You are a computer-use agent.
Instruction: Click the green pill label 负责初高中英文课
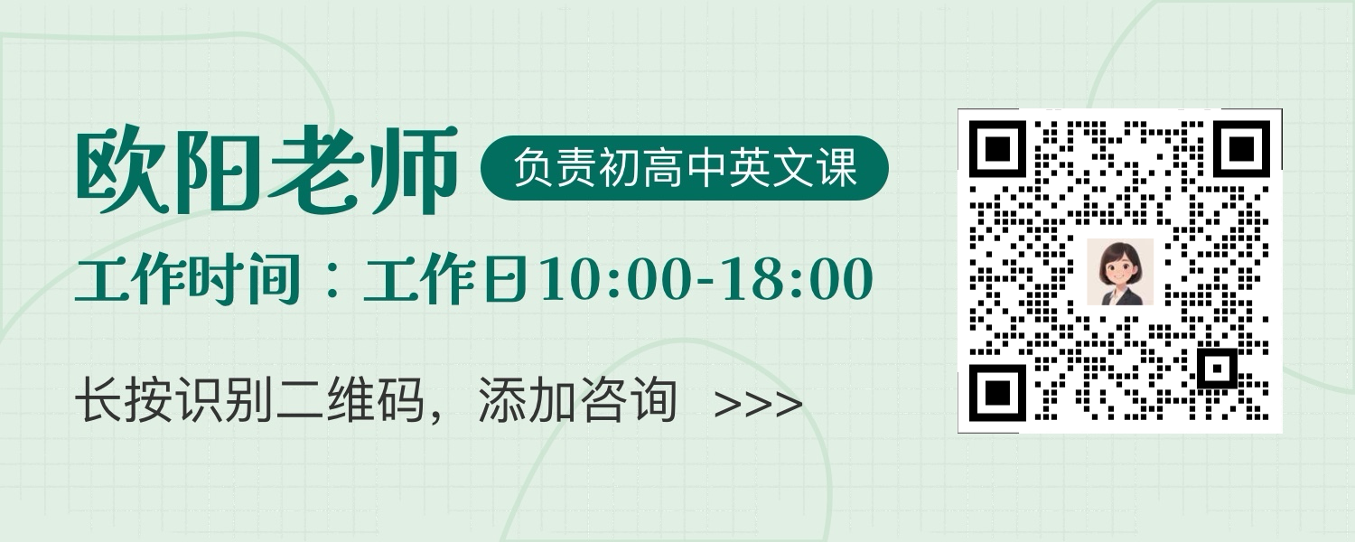click(x=684, y=168)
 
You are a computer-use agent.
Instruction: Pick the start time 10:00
click(x=614, y=279)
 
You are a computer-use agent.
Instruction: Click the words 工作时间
click(x=188, y=279)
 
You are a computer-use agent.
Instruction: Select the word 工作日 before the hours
click(x=444, y=279)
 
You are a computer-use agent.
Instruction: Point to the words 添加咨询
click(x=578, y=400)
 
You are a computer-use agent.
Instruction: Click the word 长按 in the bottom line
click(x=124, y=400)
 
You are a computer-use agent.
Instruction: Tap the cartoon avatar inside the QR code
click(x=1120, y=272)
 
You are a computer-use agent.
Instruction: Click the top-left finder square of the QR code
click(x=998, y=149)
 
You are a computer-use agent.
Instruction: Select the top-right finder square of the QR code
click(x=1242, y=149)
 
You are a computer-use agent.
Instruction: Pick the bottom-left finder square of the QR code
click(x=998, y=393)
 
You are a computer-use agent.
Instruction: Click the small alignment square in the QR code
click(x=1217, y=369)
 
